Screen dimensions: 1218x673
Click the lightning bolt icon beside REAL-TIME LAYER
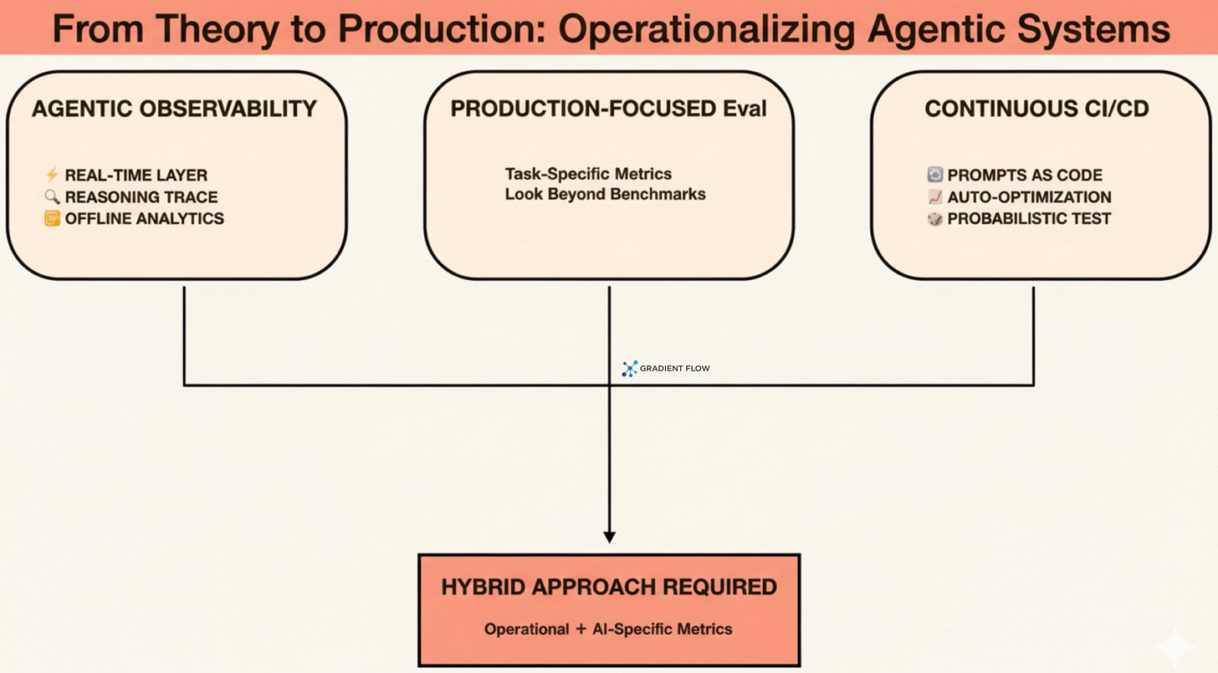coord(52,175)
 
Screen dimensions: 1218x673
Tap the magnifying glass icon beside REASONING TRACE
coord(52,196)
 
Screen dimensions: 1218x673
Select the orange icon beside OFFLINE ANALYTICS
coord(52,219)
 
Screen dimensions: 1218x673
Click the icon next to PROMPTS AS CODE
coord(935,175)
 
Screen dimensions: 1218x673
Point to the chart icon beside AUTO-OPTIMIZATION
coord(935,197)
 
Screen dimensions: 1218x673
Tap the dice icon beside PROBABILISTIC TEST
coord(935,219)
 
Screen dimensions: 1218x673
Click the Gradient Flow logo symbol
coord(630,369)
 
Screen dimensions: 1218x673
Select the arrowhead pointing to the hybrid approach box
coord(609,537)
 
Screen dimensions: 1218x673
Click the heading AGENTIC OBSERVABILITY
coord(174,109)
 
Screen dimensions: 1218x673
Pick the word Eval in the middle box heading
coord(745,109)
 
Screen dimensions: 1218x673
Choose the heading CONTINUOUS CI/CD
coord(1036,109)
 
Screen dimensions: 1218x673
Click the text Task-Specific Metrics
coord(588,174)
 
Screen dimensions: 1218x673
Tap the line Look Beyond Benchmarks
coord(605,194)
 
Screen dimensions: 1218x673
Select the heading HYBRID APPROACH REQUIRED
coord(609,587)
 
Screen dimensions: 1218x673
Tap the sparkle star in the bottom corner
coord(1175,646)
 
